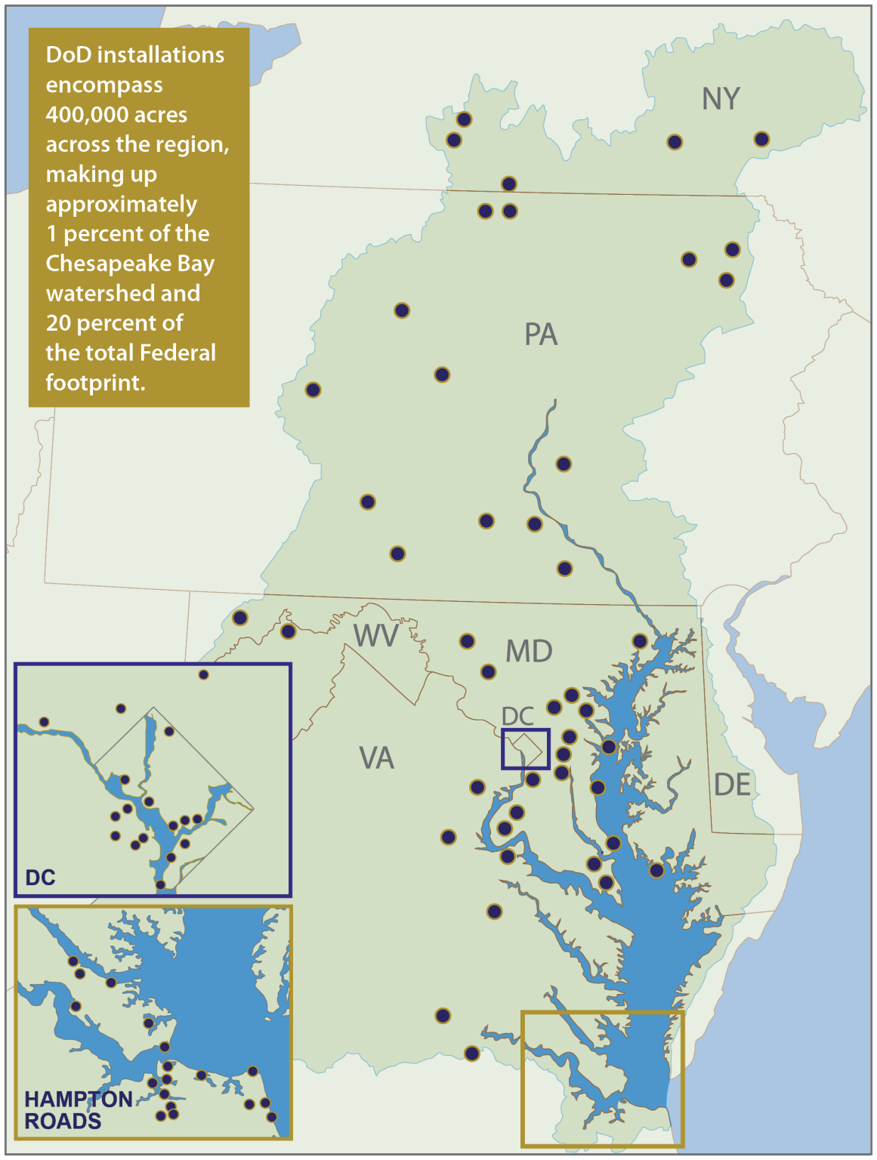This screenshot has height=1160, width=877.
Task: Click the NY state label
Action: [x=720, y=99]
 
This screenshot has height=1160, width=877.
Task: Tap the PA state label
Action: [x=541, y=335]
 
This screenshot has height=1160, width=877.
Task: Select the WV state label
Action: [x=375, y=636]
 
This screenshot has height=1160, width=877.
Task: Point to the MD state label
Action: [x=529, y=651]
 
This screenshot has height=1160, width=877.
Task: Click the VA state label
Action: [x=376, y=757]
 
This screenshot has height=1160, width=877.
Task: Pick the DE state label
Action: [x=732, y=785]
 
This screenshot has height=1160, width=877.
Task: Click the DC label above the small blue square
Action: [x=517, y=716]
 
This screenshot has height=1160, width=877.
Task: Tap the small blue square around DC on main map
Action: [x=526, y=748]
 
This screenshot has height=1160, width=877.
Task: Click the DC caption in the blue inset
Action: [x=40, y=877]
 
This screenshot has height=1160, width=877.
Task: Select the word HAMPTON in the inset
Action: [x=79, y=1099]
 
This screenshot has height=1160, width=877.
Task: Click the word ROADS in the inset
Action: [x=63, y=1121]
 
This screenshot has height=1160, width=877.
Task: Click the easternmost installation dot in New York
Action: [x=761, y=139]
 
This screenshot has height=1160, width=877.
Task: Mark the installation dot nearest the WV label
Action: [x=288, y=631]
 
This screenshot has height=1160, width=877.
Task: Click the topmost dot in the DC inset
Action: [x=203, y=674]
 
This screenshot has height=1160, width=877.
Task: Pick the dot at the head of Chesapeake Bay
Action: [x=640, y=641]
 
